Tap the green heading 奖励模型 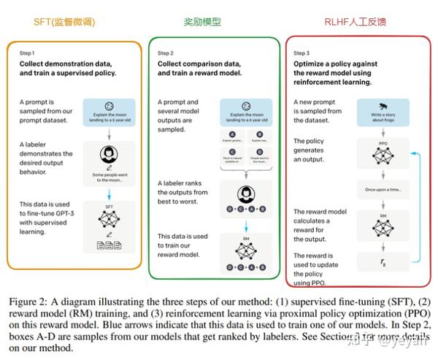(202, 22)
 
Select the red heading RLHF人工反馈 (356, 22)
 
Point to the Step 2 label (166, 53)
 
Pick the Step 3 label (301, 53)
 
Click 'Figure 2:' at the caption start (27, 300)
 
